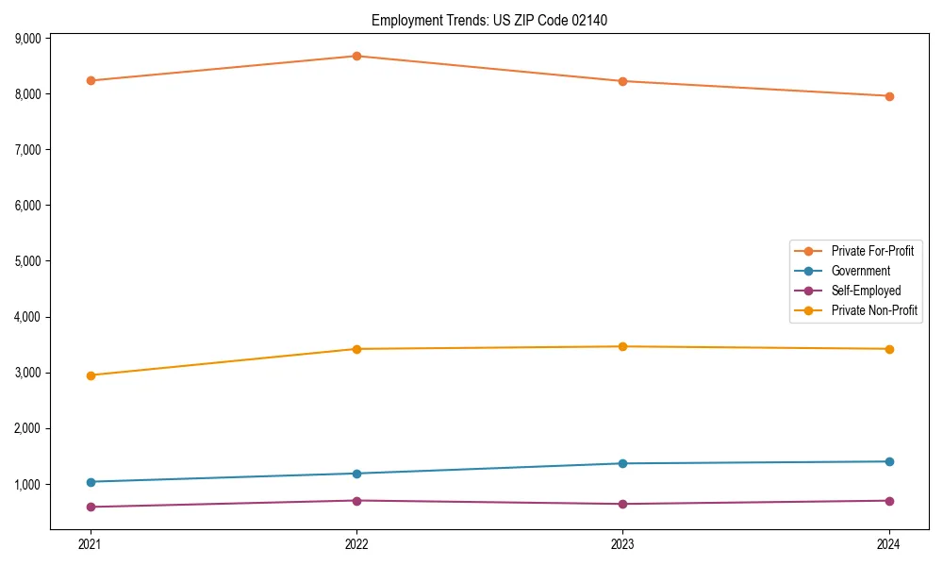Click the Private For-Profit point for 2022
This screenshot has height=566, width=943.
(x=356, y=56)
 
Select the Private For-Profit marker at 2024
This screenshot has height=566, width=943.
(x=889, y=96)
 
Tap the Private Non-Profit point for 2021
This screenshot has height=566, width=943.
(x=91, y=375)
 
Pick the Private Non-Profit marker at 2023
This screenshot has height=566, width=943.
(x=623, y=346)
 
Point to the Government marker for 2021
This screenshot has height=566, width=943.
(x=91, y=482)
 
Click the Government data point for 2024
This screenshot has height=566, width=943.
(x=889, y=461)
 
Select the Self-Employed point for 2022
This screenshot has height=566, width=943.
(x=356, y=501)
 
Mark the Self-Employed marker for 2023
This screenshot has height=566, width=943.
(x=623, y=504)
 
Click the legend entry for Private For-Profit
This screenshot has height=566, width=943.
(x=872, y=251)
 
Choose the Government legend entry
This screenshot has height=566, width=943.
(x=860, y=271)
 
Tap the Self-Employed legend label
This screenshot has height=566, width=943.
(x=866, y=291)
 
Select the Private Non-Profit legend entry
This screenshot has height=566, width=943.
(x=874, y=310)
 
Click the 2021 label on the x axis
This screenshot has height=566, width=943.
(x=91, y=544)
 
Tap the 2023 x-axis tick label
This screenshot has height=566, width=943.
(x=623, y=544)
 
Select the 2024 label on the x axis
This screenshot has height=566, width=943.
(x=889, y=544)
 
